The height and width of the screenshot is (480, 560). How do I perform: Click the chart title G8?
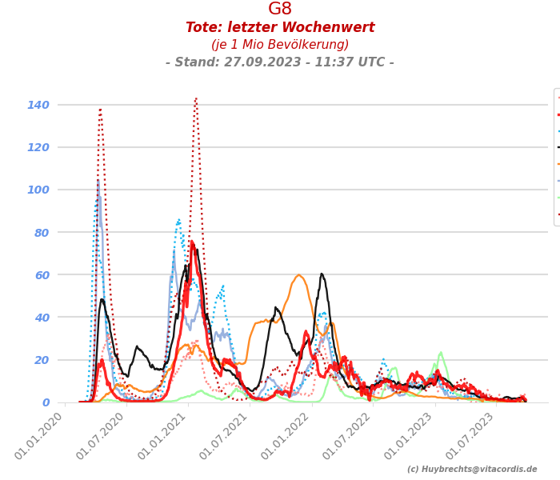point(280,10)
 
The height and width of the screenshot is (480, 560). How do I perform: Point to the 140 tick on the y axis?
point(38,105)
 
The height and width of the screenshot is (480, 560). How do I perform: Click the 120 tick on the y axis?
point(38,147)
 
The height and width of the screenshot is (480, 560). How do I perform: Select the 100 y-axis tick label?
point(38,190)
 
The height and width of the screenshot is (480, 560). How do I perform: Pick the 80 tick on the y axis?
point(42,233)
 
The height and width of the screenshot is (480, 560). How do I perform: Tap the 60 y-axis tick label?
point(42,275)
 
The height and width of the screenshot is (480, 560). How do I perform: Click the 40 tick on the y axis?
point(42,318)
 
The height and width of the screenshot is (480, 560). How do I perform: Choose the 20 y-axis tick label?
point(42,360)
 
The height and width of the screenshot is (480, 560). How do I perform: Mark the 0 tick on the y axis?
point(46,402)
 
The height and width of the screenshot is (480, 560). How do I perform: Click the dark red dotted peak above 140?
point(195,98)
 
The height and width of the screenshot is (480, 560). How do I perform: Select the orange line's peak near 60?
point(298,275)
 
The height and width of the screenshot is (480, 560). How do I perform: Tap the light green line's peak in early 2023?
point(441,352)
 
